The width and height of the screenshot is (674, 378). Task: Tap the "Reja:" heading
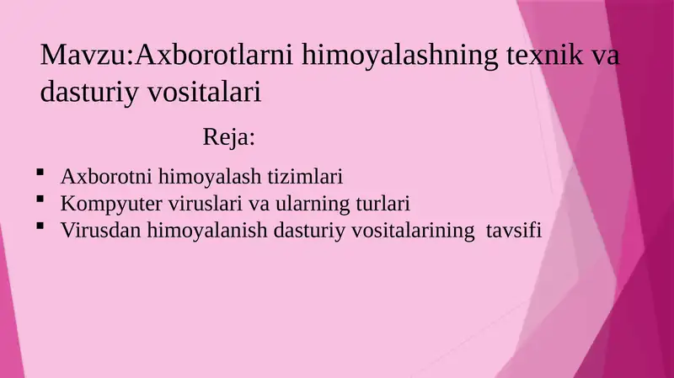[x=229, y=136]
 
